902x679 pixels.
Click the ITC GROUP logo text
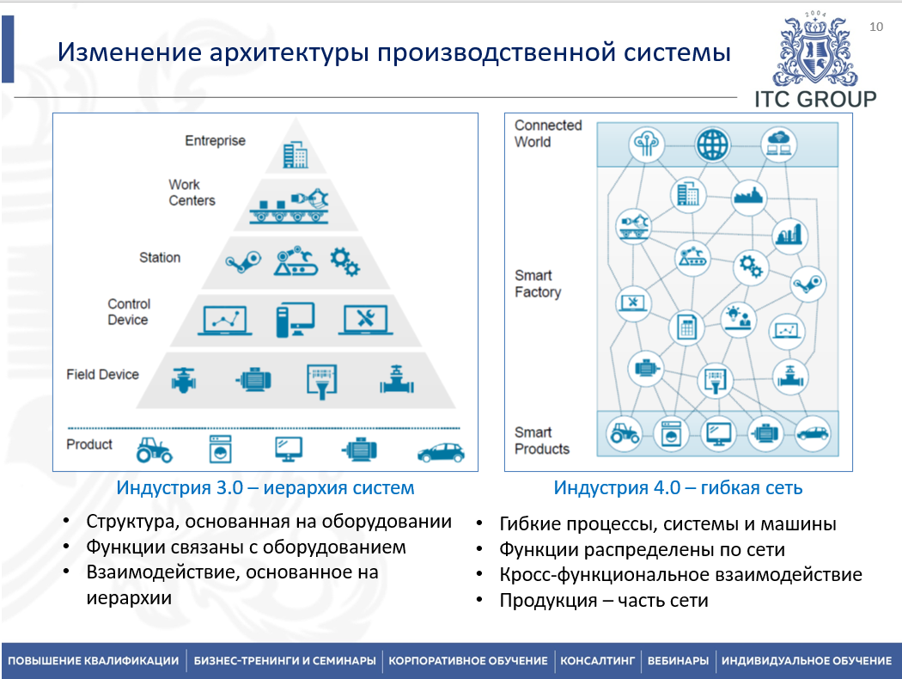(x=815, y=99)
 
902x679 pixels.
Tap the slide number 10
(x=876, y=28)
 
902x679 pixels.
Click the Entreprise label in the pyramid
(x=215, y=141)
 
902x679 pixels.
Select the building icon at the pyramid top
(x=296, y=155)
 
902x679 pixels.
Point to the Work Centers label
(x=192, y=193)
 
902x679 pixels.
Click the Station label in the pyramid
(x=160, y=257)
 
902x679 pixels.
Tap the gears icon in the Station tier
(x=344, y=261)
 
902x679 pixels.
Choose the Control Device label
(x=128, y=312)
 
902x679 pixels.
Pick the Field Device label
(x=102, y=375)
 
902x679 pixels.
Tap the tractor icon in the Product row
(x=155, y=449)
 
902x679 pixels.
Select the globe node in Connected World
(x=712, y=144)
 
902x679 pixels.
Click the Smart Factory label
(x=538, y=284)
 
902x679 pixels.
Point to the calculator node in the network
(x=686, y=327)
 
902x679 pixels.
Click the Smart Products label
(x=542, y=440)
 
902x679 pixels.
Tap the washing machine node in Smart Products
(x=671, y=434)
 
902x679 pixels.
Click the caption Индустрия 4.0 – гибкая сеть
(x=678, y=488)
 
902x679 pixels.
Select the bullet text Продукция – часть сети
(x=604, y=600)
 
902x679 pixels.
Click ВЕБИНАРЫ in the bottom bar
(x=678, y=661)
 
